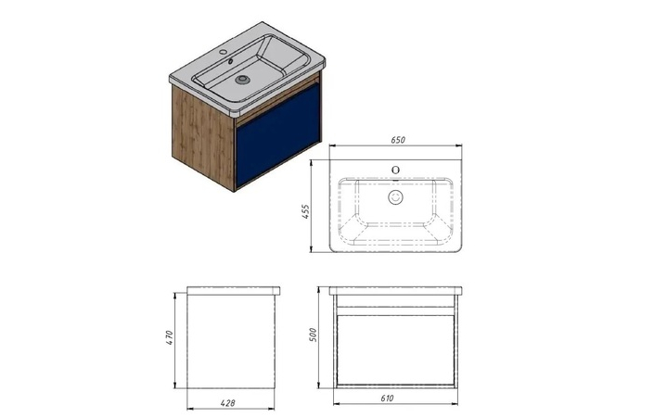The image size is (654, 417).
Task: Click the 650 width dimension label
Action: tap(398, 140)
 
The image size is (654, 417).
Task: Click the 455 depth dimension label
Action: tap(306, 211)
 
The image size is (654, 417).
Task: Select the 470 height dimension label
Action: tap(169, 337)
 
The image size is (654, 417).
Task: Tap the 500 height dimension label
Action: tap(314, 335)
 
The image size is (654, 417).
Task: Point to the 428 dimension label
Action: tap(227, 403)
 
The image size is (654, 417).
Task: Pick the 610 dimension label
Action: tap(387, 398)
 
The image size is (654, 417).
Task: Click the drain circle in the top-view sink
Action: tap(396, 197)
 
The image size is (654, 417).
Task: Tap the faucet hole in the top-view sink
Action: tap(396, 170)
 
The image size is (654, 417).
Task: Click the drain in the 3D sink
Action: tap(241, 79)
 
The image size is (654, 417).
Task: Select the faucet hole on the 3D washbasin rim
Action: tap(224, 53)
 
